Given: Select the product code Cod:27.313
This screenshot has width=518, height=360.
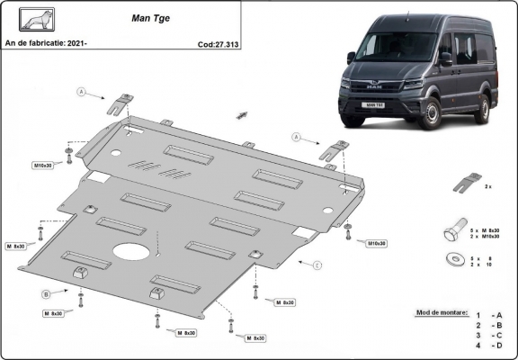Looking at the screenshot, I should pos(218,41).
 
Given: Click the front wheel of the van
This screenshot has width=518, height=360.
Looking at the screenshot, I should pos(433,115).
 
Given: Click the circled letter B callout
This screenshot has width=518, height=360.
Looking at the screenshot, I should pos(46,294).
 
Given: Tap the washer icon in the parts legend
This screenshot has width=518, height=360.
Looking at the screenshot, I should pos(453,260).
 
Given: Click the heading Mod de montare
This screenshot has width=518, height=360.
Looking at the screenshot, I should pos(442,312).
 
